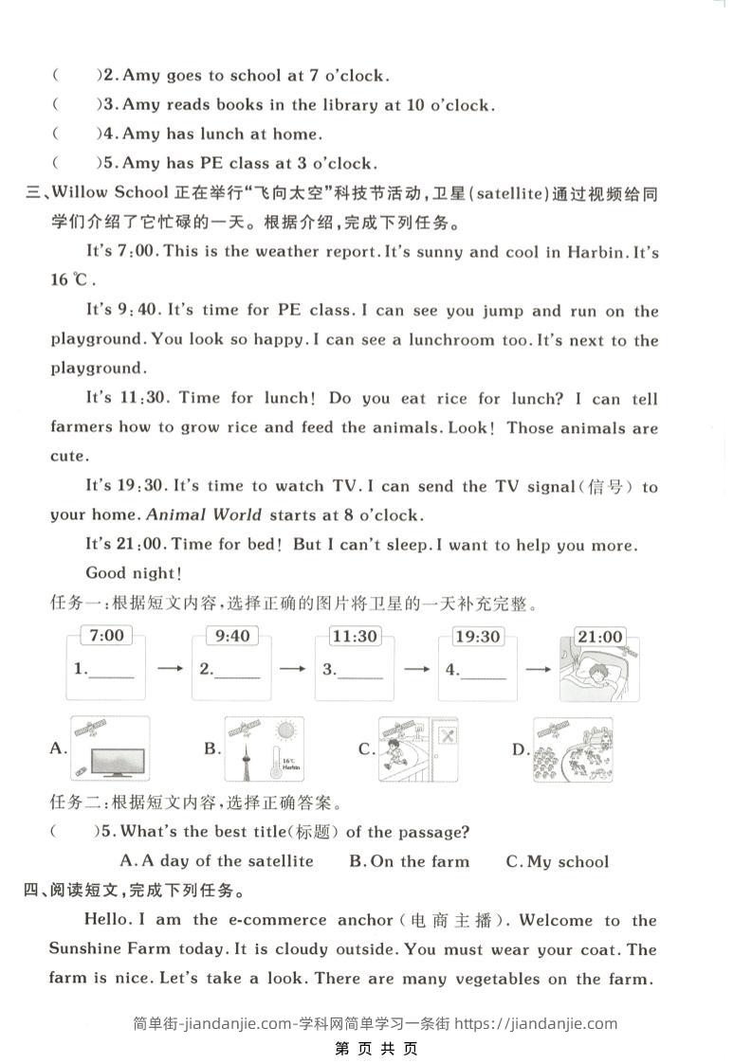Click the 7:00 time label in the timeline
pos(106,636)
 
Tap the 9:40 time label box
pos(231,636)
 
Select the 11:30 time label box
pos(354,636)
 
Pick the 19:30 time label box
pos(477,637)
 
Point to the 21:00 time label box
pos(599,637)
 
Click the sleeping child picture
pos(598,675)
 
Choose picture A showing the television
pos(111,749)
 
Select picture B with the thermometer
pos(264,749)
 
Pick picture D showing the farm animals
pos(572,749)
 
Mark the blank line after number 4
pos(483,675)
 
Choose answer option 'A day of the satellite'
pos(217,861)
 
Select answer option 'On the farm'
pos(409,861)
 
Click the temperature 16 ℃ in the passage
pos(72,280)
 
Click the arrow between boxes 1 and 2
pos(170,669)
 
